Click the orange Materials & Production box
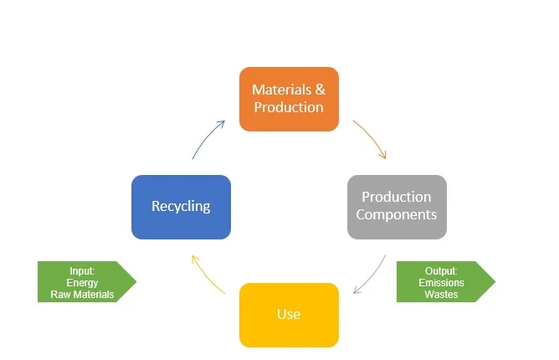click(x=289, y=99)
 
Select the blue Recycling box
click(x=181, y=207)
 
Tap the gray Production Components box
click(x=397, y=207)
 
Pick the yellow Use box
click(x=289, y=315)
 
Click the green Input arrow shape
click(x=87, y=281)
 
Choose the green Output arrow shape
click(x=446, y=281)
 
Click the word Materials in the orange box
click(x=282, y=90)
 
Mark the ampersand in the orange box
click(x=321, y=90)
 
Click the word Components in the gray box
click(x=397, y=214)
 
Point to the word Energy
click(x=82, y=283)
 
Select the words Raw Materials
click(x=82, y=295)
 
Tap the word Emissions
click(x=441, y=283)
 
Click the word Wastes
click(x=441, y=295)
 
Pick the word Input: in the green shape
click(x=82, y=271)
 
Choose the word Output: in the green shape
click(x=441, y=271)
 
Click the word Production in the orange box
click(x=289, y=107)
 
